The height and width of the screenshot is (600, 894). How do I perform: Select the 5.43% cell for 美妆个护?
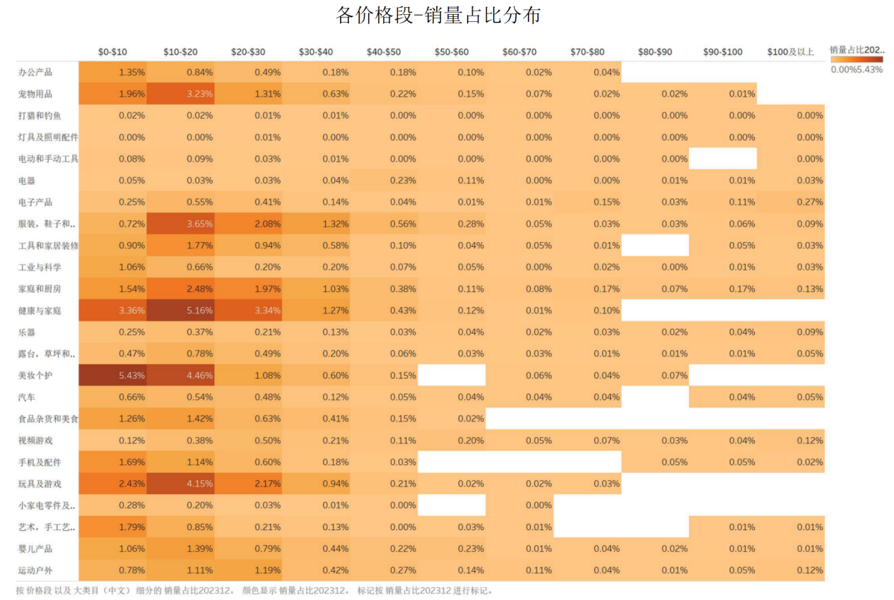click(x=112, y=376)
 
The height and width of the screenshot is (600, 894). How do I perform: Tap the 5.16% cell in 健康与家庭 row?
click(x=180, y=311)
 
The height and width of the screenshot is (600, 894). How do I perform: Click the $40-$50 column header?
click(x=383, y=52)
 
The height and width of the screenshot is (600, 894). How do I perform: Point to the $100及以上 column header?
click(x=790, y=52)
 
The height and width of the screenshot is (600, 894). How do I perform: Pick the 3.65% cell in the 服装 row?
click(x=180, y=224)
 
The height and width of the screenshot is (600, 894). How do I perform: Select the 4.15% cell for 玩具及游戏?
click(x=180, y=484)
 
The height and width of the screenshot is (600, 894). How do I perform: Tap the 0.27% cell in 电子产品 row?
click(x=790, y=202)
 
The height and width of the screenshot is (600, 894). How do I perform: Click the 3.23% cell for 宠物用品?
click(x=180, y=94)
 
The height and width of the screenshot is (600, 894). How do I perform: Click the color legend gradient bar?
click(x=856, y=60)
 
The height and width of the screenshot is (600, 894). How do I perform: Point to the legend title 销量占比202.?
click(x=857, y=50)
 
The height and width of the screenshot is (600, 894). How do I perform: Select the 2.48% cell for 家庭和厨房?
click(x=180, y=289)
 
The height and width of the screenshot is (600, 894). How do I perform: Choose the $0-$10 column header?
click(x=112, y=52)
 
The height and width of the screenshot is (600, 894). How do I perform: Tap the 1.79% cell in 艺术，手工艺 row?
click(x=112, y=527)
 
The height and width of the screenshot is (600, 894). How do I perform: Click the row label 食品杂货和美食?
click(x=47, y=419)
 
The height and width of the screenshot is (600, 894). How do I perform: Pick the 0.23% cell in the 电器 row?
click(x=383, y=181)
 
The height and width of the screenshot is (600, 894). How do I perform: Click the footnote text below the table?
click(x=254, y=591)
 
